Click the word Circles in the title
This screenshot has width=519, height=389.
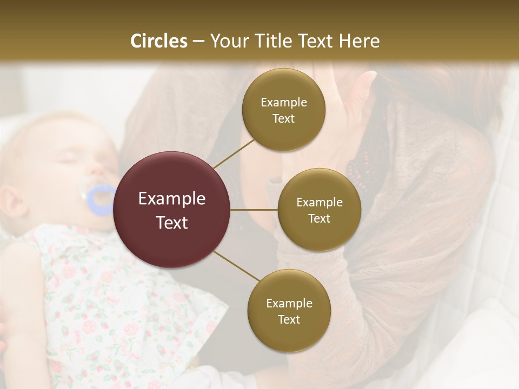[x=158, y=41]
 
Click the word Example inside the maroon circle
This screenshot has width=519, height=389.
[x=172, y=199]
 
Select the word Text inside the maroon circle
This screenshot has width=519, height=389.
[x=172, y=223]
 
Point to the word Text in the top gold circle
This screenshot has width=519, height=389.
[x=283, y=119]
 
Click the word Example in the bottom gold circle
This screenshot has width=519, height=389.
[x=289, y=304]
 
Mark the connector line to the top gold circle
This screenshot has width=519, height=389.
[x=234, y=153]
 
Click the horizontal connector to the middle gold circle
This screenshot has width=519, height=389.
[x=254, y=210]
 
